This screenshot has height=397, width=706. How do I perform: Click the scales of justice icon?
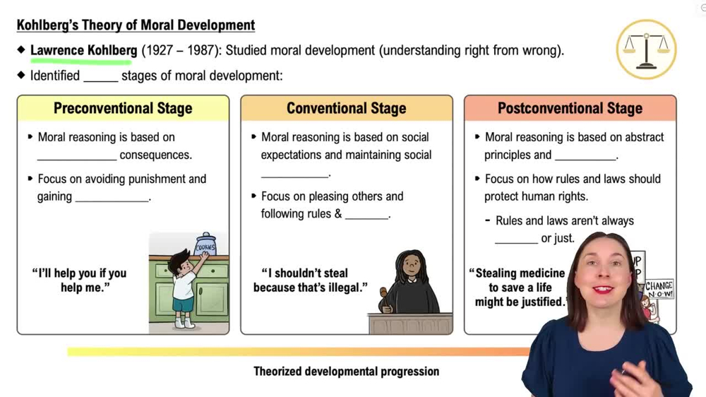(x=646, y=49)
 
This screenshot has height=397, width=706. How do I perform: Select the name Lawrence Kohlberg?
(x=83, y=51)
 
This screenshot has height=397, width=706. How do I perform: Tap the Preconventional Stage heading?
(x=123, y=109)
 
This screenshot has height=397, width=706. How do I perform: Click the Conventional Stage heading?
(x=346, y=109)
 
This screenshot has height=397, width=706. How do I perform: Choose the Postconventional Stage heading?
(x=570, y=109)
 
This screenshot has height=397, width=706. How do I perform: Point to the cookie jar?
(x=205, y=244)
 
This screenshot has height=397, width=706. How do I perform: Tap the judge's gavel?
(x=385, y=293)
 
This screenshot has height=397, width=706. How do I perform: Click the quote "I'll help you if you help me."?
(x=79, y=280)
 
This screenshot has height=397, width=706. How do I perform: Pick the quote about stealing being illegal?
(x=311, y=280)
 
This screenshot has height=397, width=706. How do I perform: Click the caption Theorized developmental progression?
(x=346, y=372)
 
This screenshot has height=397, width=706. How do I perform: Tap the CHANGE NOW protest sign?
(x=659, y=290)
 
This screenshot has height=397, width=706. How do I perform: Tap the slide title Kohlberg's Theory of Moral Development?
(x=136, y=25)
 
